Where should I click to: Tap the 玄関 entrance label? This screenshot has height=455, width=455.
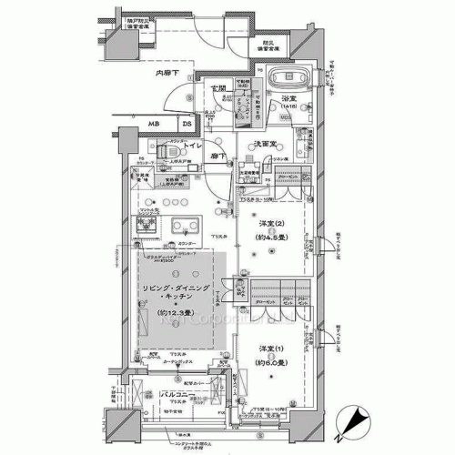point(218,88)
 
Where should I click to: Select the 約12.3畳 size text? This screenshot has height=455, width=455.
point(181,316)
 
